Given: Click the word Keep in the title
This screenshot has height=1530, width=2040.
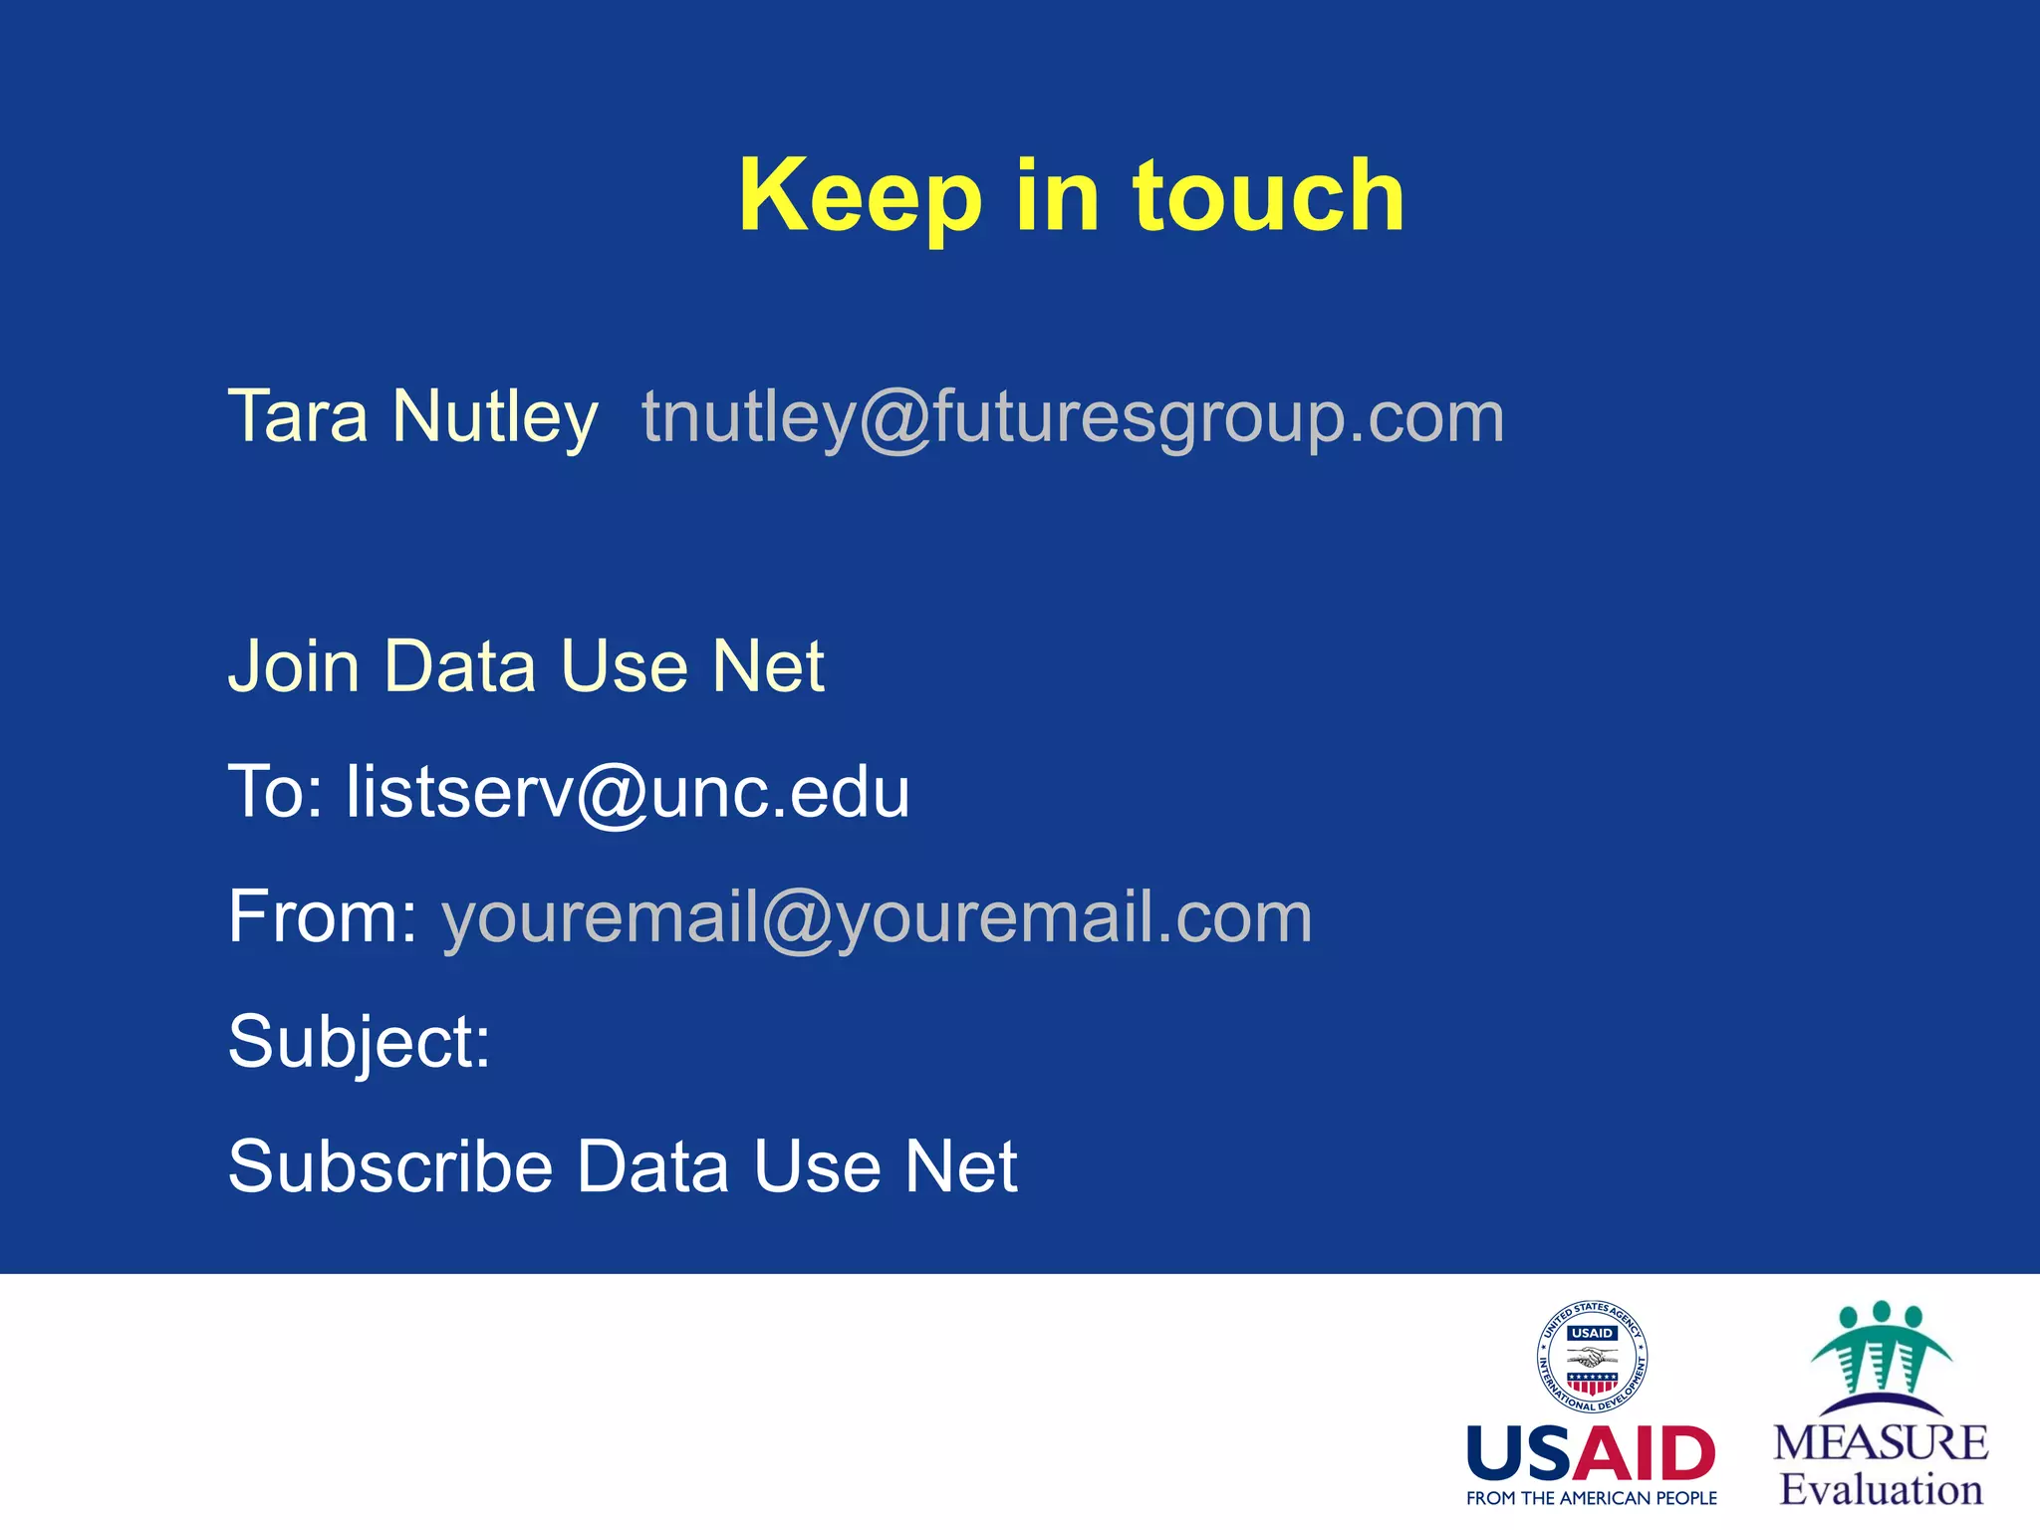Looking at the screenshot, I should pos(860,196).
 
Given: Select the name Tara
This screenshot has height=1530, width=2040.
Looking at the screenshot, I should pos(298,416).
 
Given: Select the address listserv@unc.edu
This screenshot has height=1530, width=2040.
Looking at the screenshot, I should pos(628,793).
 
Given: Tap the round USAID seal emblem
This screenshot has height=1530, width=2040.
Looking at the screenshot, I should pos(1591,1357).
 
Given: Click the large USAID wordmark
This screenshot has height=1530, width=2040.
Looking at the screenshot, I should pos(1591,1453).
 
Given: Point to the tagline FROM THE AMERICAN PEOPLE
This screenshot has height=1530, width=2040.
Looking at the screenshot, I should pos(1591,1498).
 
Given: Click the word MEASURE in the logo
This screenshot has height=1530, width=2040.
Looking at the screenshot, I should pos(1880,1443).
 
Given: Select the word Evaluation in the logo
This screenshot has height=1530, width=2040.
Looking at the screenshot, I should pos(1881,1490).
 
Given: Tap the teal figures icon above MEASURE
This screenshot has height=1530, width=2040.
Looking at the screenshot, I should pos(1881,1350).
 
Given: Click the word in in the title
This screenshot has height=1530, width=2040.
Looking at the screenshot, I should pos(1058,196).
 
